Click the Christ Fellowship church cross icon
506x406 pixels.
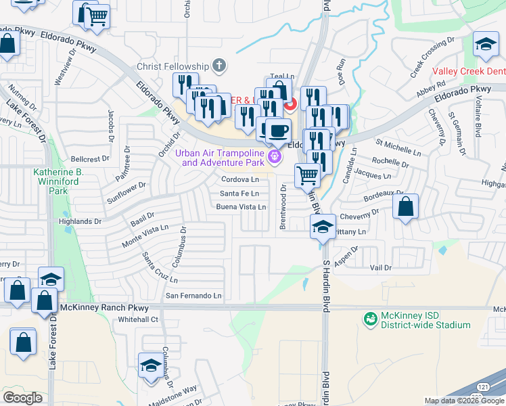[218, 66]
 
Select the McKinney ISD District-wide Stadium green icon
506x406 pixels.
[370, 318]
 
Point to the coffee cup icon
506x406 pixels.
[277, 129]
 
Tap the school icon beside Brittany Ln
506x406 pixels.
[323, 227]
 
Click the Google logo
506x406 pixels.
[23, 397]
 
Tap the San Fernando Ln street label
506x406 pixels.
[194, 296]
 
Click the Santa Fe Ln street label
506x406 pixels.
[239, 194]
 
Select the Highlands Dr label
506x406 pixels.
[80, 221]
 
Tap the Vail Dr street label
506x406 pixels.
[381, 268]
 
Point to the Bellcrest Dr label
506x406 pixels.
[89, 159]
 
